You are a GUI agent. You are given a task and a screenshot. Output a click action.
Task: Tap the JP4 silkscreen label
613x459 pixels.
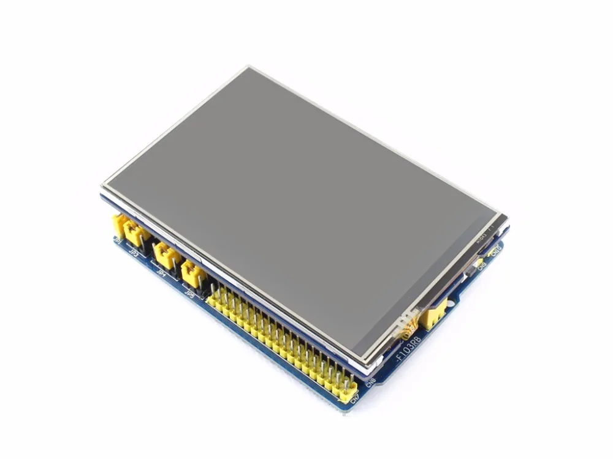(162, 273)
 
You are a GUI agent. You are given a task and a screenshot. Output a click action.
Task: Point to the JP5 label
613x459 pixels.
(190, 294)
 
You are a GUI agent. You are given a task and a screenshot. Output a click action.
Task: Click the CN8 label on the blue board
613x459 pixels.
(370, 384)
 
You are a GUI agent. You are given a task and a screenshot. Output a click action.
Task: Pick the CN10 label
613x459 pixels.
(496, 250)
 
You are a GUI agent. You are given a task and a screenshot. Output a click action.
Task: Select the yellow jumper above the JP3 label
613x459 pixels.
(135, 233)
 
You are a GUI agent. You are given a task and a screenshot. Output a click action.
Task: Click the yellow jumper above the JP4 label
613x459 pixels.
(165, 254)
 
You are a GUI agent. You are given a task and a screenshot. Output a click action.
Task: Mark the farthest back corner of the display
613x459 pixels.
(248, 67)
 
